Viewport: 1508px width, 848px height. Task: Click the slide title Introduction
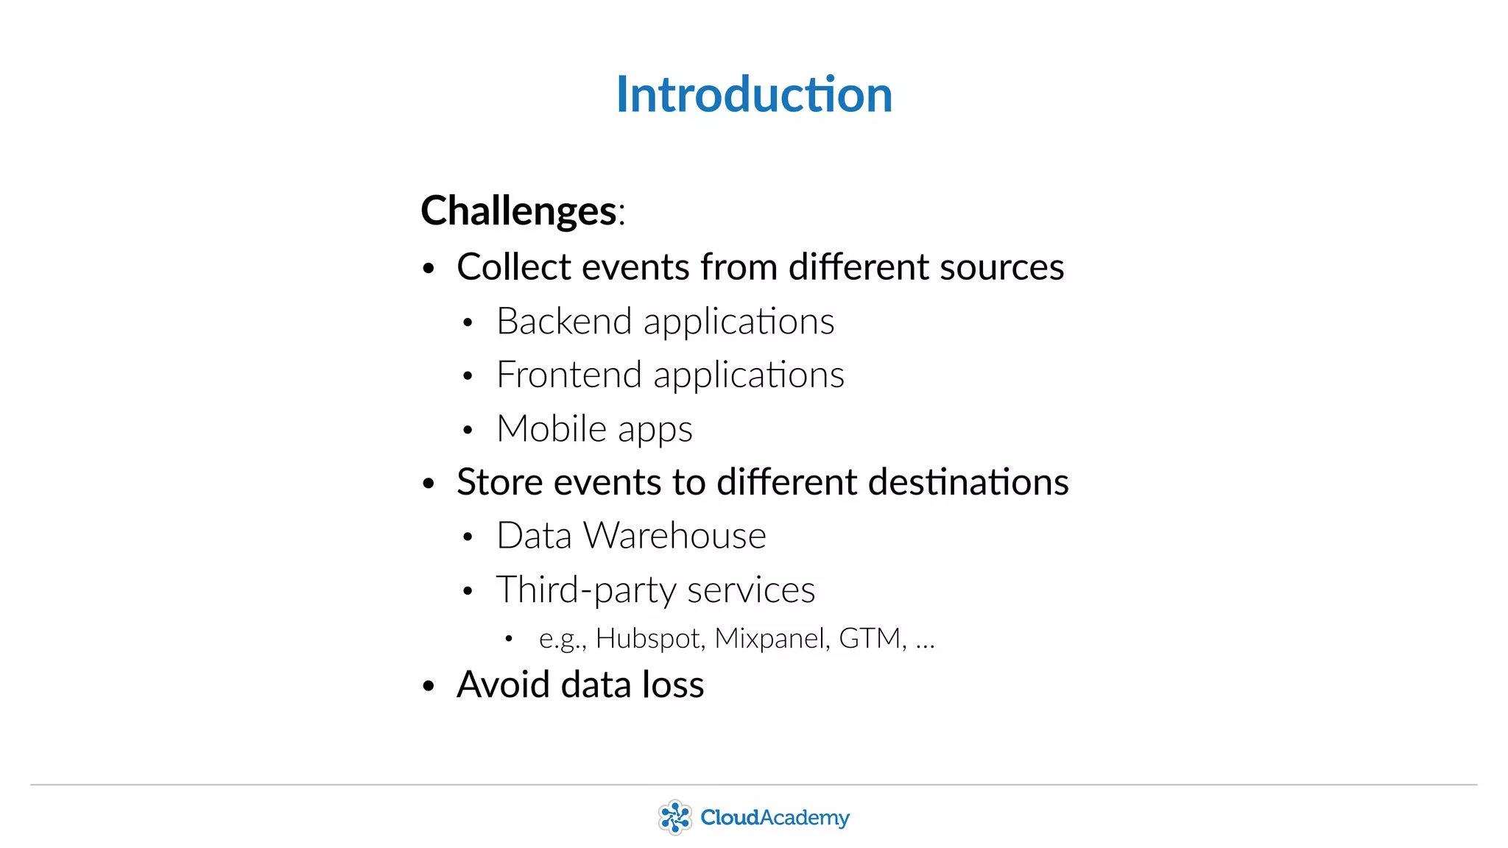click(x=754, y=95)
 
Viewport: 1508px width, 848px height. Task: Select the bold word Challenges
click(x=518, y=211)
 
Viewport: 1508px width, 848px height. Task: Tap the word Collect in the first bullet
click(x=513, y=266)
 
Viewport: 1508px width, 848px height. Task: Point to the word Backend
click(x=564, y=322)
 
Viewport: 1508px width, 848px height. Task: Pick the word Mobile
click(x=552, y=429)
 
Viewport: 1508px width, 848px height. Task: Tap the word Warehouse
click(x=674, y=536)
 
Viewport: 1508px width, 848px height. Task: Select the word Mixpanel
click(x=768, y=638)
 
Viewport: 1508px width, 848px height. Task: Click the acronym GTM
click(x=870, y=638)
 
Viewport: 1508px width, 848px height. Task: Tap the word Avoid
click(x=503, y=685)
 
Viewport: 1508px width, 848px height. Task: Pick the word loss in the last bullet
click(x=673, y=685)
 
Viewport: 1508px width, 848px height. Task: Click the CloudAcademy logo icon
click(x=674, y=817)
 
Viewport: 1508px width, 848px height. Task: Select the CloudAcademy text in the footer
click(x=775, y=818)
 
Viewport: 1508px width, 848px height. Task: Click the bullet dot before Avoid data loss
click(x=429, y=686)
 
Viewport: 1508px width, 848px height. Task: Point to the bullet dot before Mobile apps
click(x=468, y=431)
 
